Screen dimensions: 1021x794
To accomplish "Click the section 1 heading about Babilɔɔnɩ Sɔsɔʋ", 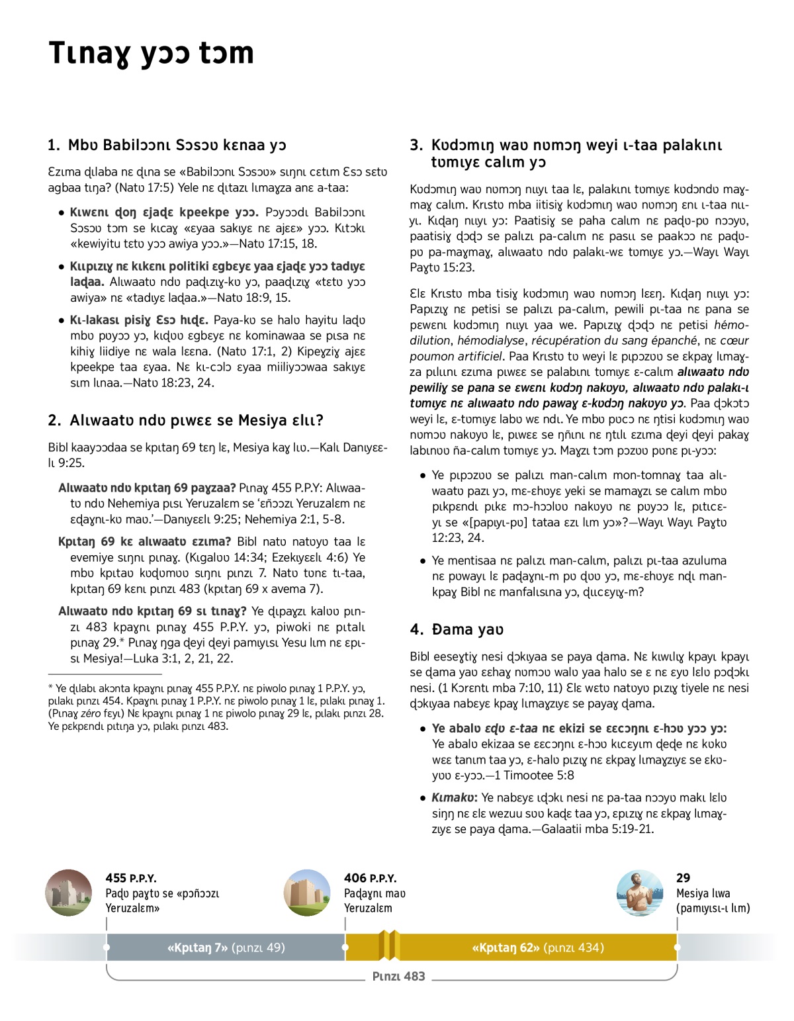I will coord(167,145).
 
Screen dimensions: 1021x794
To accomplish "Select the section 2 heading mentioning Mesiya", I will coord(185,420).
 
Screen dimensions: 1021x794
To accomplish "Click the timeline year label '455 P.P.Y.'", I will coord(131,878).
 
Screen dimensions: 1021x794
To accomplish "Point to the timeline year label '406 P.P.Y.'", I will coord(370,878).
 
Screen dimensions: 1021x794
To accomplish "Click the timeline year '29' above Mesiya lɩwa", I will coord(683,878).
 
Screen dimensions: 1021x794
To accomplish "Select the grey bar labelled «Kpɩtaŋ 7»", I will coord(226,948).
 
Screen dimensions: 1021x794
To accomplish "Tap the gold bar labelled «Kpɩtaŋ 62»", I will coord(537,948).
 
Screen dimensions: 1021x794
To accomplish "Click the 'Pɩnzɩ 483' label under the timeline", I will coord(398,976).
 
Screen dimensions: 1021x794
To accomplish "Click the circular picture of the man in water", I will coord(639,893).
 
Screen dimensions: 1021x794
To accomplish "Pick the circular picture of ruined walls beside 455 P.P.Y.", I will coord(69,893).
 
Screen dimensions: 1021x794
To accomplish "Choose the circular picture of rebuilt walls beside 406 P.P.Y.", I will coord(307,893).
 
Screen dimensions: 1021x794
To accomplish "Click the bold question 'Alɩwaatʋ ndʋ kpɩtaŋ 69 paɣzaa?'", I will coord(147,488).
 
